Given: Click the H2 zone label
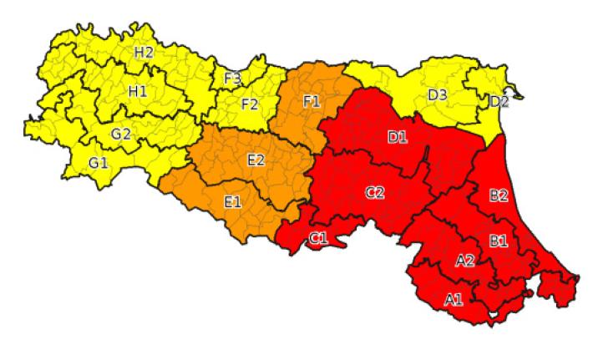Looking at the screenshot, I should pyautogui.click(x=144, y=52).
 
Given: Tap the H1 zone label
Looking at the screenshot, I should pyautogui.click(x=137, y=92).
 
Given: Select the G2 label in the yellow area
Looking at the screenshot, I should pyautogui.click(x=121, y=134).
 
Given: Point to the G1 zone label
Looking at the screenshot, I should pyautogui.click(x=99, y=161).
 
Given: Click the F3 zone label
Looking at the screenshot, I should pyautogui.click(x=232, y=79).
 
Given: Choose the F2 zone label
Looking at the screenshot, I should pyautogui.click(x=249, y=104).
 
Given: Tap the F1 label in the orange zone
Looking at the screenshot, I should pyautogui.click(x=312, y=101).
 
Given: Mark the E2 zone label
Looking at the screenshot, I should pyautogui.click(x=256, y=160).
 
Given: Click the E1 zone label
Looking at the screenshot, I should pyautogui.click(x=233, y=200).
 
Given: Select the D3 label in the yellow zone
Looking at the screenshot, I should pyautogui.click(x=438, y=94).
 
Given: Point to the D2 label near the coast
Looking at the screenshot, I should pyautogui.click(x=499, y=102).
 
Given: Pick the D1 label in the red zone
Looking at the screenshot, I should pyautogui.click(x=397, y=137).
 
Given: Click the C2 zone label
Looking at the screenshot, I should pyautogui.click(x=375, y=192).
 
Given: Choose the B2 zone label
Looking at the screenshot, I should pyautogui.click(x=499, y=195).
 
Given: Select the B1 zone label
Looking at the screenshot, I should pyautogui.click(x=499, y=241).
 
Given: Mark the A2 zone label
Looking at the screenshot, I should pyautogui.click(x=465, y=261).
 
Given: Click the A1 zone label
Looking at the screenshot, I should pyautogui.click(x=454, y=299).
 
